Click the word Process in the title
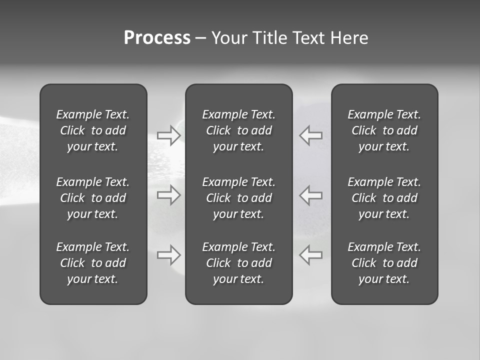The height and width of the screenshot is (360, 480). click(157, 38)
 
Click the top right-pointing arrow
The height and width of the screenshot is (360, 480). click(169, 135)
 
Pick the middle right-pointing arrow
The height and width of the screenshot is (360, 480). click(169, 194)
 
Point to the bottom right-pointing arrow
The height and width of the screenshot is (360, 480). click(169, 254)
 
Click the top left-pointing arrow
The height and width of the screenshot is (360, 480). click(310, 135)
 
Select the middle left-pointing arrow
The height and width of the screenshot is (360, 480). click(310, 194)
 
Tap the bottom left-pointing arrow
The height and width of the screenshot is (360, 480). click(310, 254)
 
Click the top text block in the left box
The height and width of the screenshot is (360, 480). click(93, 130)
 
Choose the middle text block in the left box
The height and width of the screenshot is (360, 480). click(93, 198)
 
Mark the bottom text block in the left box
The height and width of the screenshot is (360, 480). click(93, 263)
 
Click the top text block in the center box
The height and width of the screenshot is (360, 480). click(239, 130)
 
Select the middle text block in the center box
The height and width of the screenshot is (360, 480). click(239, 198)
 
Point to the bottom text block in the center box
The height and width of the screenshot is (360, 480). click(239, 263)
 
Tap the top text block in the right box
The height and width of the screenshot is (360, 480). click(384, 130)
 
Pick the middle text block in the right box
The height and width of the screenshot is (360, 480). click(384, 198)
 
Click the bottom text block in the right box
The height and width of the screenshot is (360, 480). click(384, 263)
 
